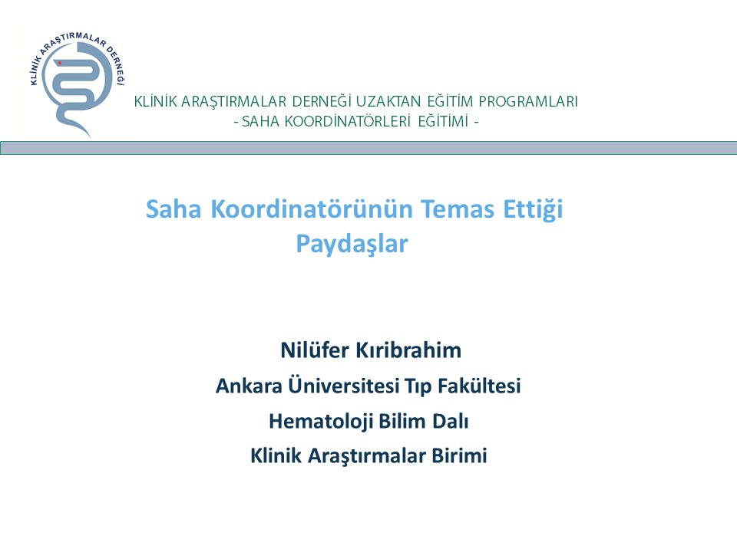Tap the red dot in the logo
[x=60, y=63]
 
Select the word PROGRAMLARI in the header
[x=528, y=101]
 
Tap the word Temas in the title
[x=458, y=209]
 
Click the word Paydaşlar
[x=352, y=244]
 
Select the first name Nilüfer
[x=315, y=350]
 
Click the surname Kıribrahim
[x=408, y=350]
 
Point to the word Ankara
[x=249, y=386]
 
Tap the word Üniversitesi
[x=344, y=386]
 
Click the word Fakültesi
[x=479, y=386]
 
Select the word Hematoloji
[x=321, y=422]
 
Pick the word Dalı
[x=451, y=421]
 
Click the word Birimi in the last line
[x=459, y=455]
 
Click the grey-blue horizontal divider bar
[x=368, y=148]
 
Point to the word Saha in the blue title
[x=174, y=209]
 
